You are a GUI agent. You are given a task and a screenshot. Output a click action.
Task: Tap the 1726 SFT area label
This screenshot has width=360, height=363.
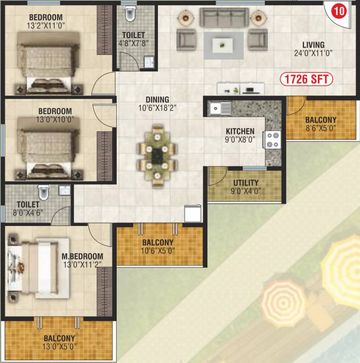307,78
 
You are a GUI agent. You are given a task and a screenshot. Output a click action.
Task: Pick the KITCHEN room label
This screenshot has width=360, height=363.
240,131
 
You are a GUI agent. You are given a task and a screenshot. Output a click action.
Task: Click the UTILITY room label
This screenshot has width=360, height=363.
246,182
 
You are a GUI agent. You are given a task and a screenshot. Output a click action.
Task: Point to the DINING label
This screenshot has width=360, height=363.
157,99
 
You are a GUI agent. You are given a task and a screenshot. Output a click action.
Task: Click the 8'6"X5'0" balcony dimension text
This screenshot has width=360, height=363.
320,128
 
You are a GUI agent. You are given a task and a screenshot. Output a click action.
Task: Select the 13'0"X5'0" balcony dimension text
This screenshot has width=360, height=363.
59,346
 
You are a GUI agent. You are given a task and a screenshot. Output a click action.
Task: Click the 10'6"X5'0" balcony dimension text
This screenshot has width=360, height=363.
158,251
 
